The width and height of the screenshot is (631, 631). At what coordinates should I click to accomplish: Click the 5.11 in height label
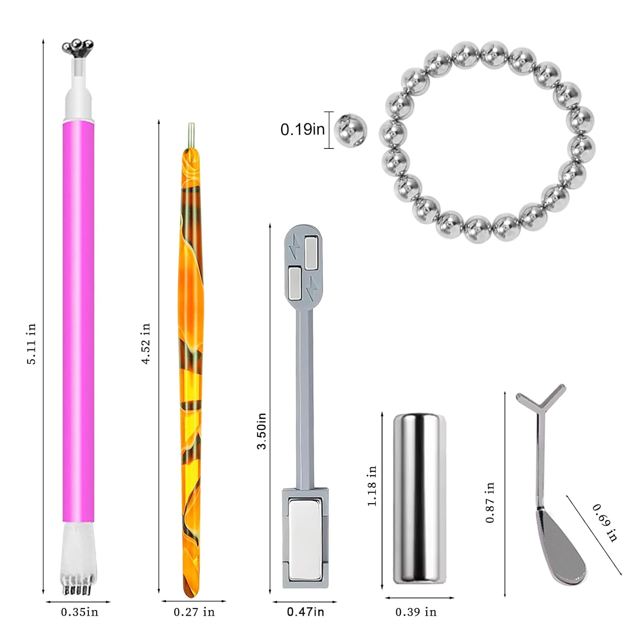(x=32, y=344)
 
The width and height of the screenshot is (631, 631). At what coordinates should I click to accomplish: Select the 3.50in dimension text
(x=262, y=431)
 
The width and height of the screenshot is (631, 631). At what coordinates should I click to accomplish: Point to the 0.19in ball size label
(x=302, y=130)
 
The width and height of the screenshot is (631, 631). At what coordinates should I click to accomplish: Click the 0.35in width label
(x=80, y=612)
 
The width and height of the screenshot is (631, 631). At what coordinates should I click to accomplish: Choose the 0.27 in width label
(x=194, y=612)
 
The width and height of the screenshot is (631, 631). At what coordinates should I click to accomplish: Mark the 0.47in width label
(x=305, y=612)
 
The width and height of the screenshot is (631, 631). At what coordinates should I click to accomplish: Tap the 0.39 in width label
(x=416, y=612)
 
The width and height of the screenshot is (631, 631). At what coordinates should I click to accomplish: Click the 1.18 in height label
(x=372, y=486)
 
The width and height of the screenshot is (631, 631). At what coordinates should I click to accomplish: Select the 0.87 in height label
(x=490, y=502)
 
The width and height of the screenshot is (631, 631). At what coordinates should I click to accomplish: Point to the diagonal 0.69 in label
(x=605, y=522)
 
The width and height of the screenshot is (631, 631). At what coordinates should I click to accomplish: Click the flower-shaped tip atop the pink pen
(x=78, y=48)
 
